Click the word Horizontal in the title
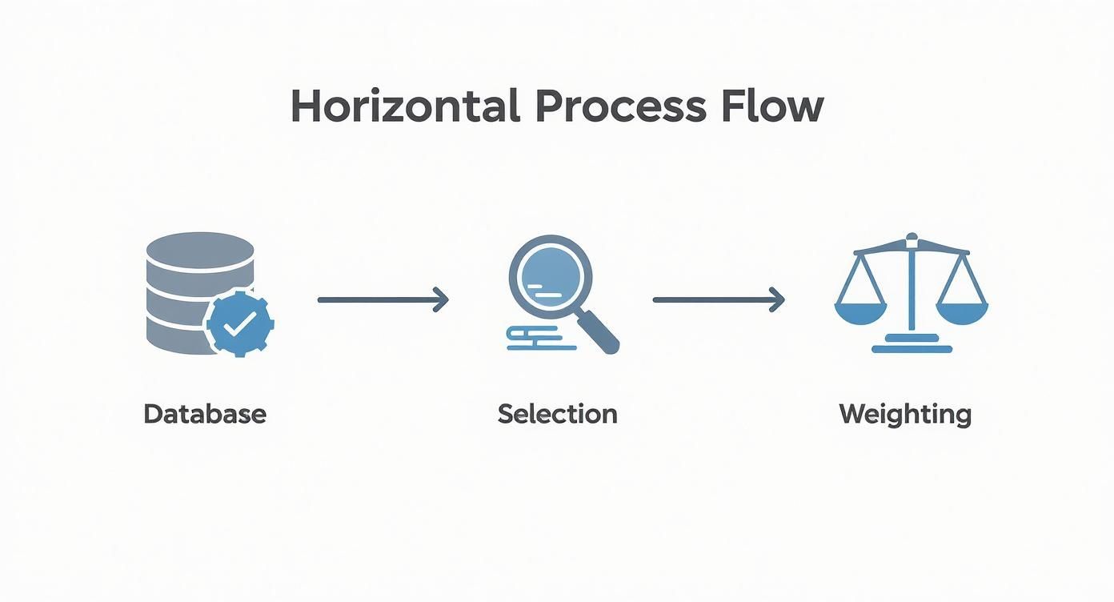404,106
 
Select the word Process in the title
620,106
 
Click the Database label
205,414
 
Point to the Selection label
557,414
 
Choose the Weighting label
905,415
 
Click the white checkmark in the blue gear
240,323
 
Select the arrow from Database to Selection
383,299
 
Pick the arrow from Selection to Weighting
718,299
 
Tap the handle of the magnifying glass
602,334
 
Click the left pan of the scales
860,311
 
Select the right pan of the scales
962,311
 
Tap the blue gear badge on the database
240,323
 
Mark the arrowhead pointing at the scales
776,299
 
